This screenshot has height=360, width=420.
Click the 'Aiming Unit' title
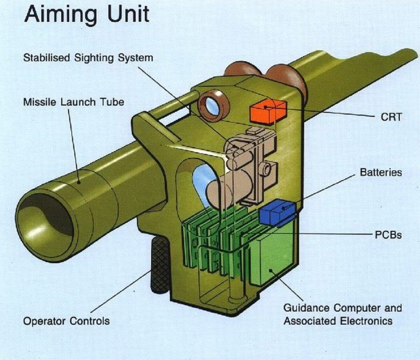86,14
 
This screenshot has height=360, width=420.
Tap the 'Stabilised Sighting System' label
88,57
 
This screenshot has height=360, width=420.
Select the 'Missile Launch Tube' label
73,102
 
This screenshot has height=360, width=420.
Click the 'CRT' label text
391,117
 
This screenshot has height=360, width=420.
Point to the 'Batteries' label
381,172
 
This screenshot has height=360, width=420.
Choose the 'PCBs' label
388,235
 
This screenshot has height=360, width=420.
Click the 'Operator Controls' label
66,321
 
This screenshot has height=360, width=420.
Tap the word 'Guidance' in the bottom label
306,308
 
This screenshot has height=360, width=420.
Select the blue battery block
277,212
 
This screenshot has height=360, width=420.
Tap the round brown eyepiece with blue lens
212,104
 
